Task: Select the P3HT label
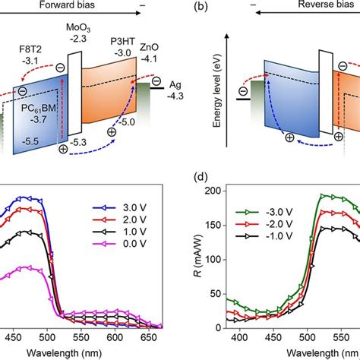(x=122, y=46)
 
